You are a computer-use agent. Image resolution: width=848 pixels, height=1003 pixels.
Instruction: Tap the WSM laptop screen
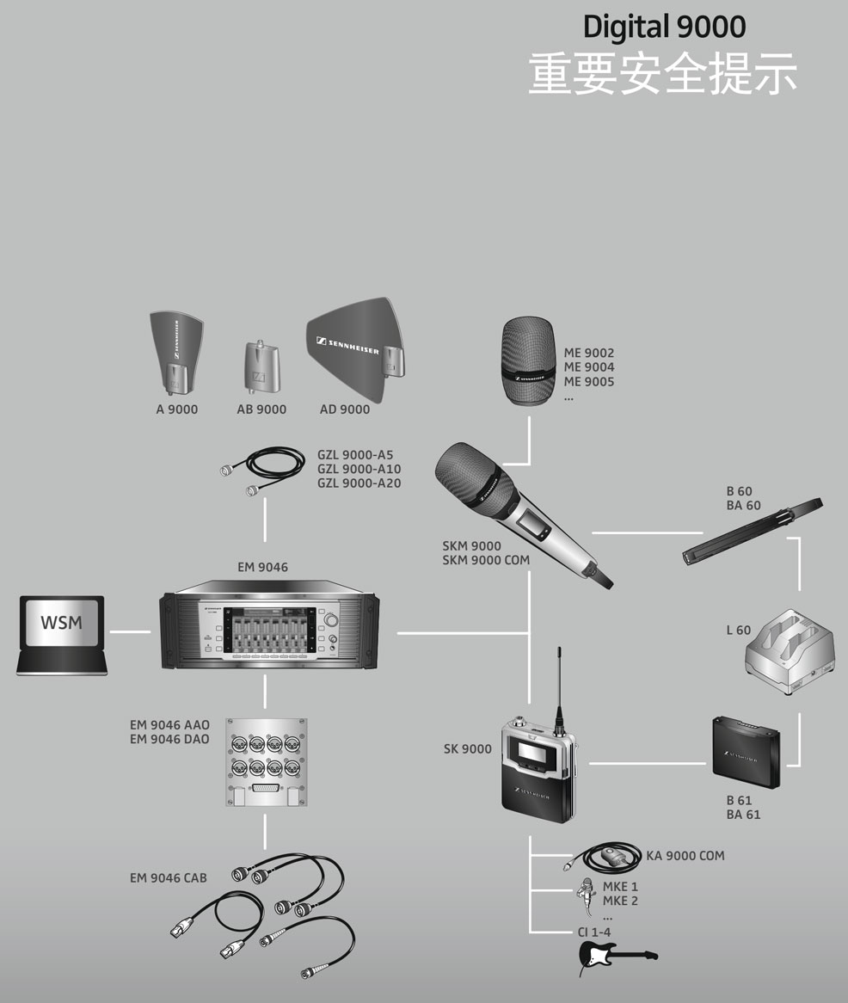point(61,623)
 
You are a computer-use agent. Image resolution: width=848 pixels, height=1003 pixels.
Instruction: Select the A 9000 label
point(177,409)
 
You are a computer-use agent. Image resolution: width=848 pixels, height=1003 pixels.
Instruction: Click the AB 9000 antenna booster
point(261,367)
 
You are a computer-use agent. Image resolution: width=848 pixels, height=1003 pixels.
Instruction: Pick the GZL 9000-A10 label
point(359,469)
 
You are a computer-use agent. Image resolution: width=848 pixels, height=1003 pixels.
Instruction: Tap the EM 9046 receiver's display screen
point(268,631)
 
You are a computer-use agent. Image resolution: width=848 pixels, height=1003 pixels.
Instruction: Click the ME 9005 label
point(589,382)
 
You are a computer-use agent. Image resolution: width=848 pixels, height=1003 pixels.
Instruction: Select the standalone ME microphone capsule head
point(527,360)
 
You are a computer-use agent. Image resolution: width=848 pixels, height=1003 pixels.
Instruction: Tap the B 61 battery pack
point(747,753)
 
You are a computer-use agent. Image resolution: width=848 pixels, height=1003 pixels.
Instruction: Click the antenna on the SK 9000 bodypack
point(560,686)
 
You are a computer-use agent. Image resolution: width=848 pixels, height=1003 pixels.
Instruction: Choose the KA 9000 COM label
point(685,856)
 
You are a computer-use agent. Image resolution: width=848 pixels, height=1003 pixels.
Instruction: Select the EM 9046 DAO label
point(169,740)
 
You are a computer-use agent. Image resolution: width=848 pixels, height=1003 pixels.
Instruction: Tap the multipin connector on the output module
point(266,788)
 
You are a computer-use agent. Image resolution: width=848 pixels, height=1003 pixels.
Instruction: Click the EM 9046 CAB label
point(169,878)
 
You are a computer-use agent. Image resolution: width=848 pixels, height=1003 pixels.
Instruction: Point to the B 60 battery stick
point(752,530)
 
